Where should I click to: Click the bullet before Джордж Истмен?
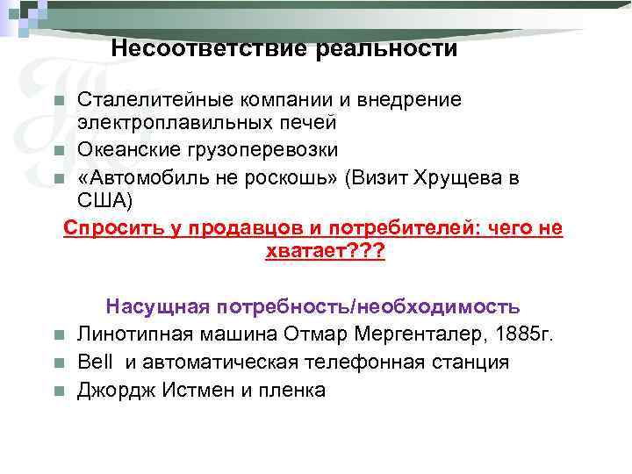pos(59,391)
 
